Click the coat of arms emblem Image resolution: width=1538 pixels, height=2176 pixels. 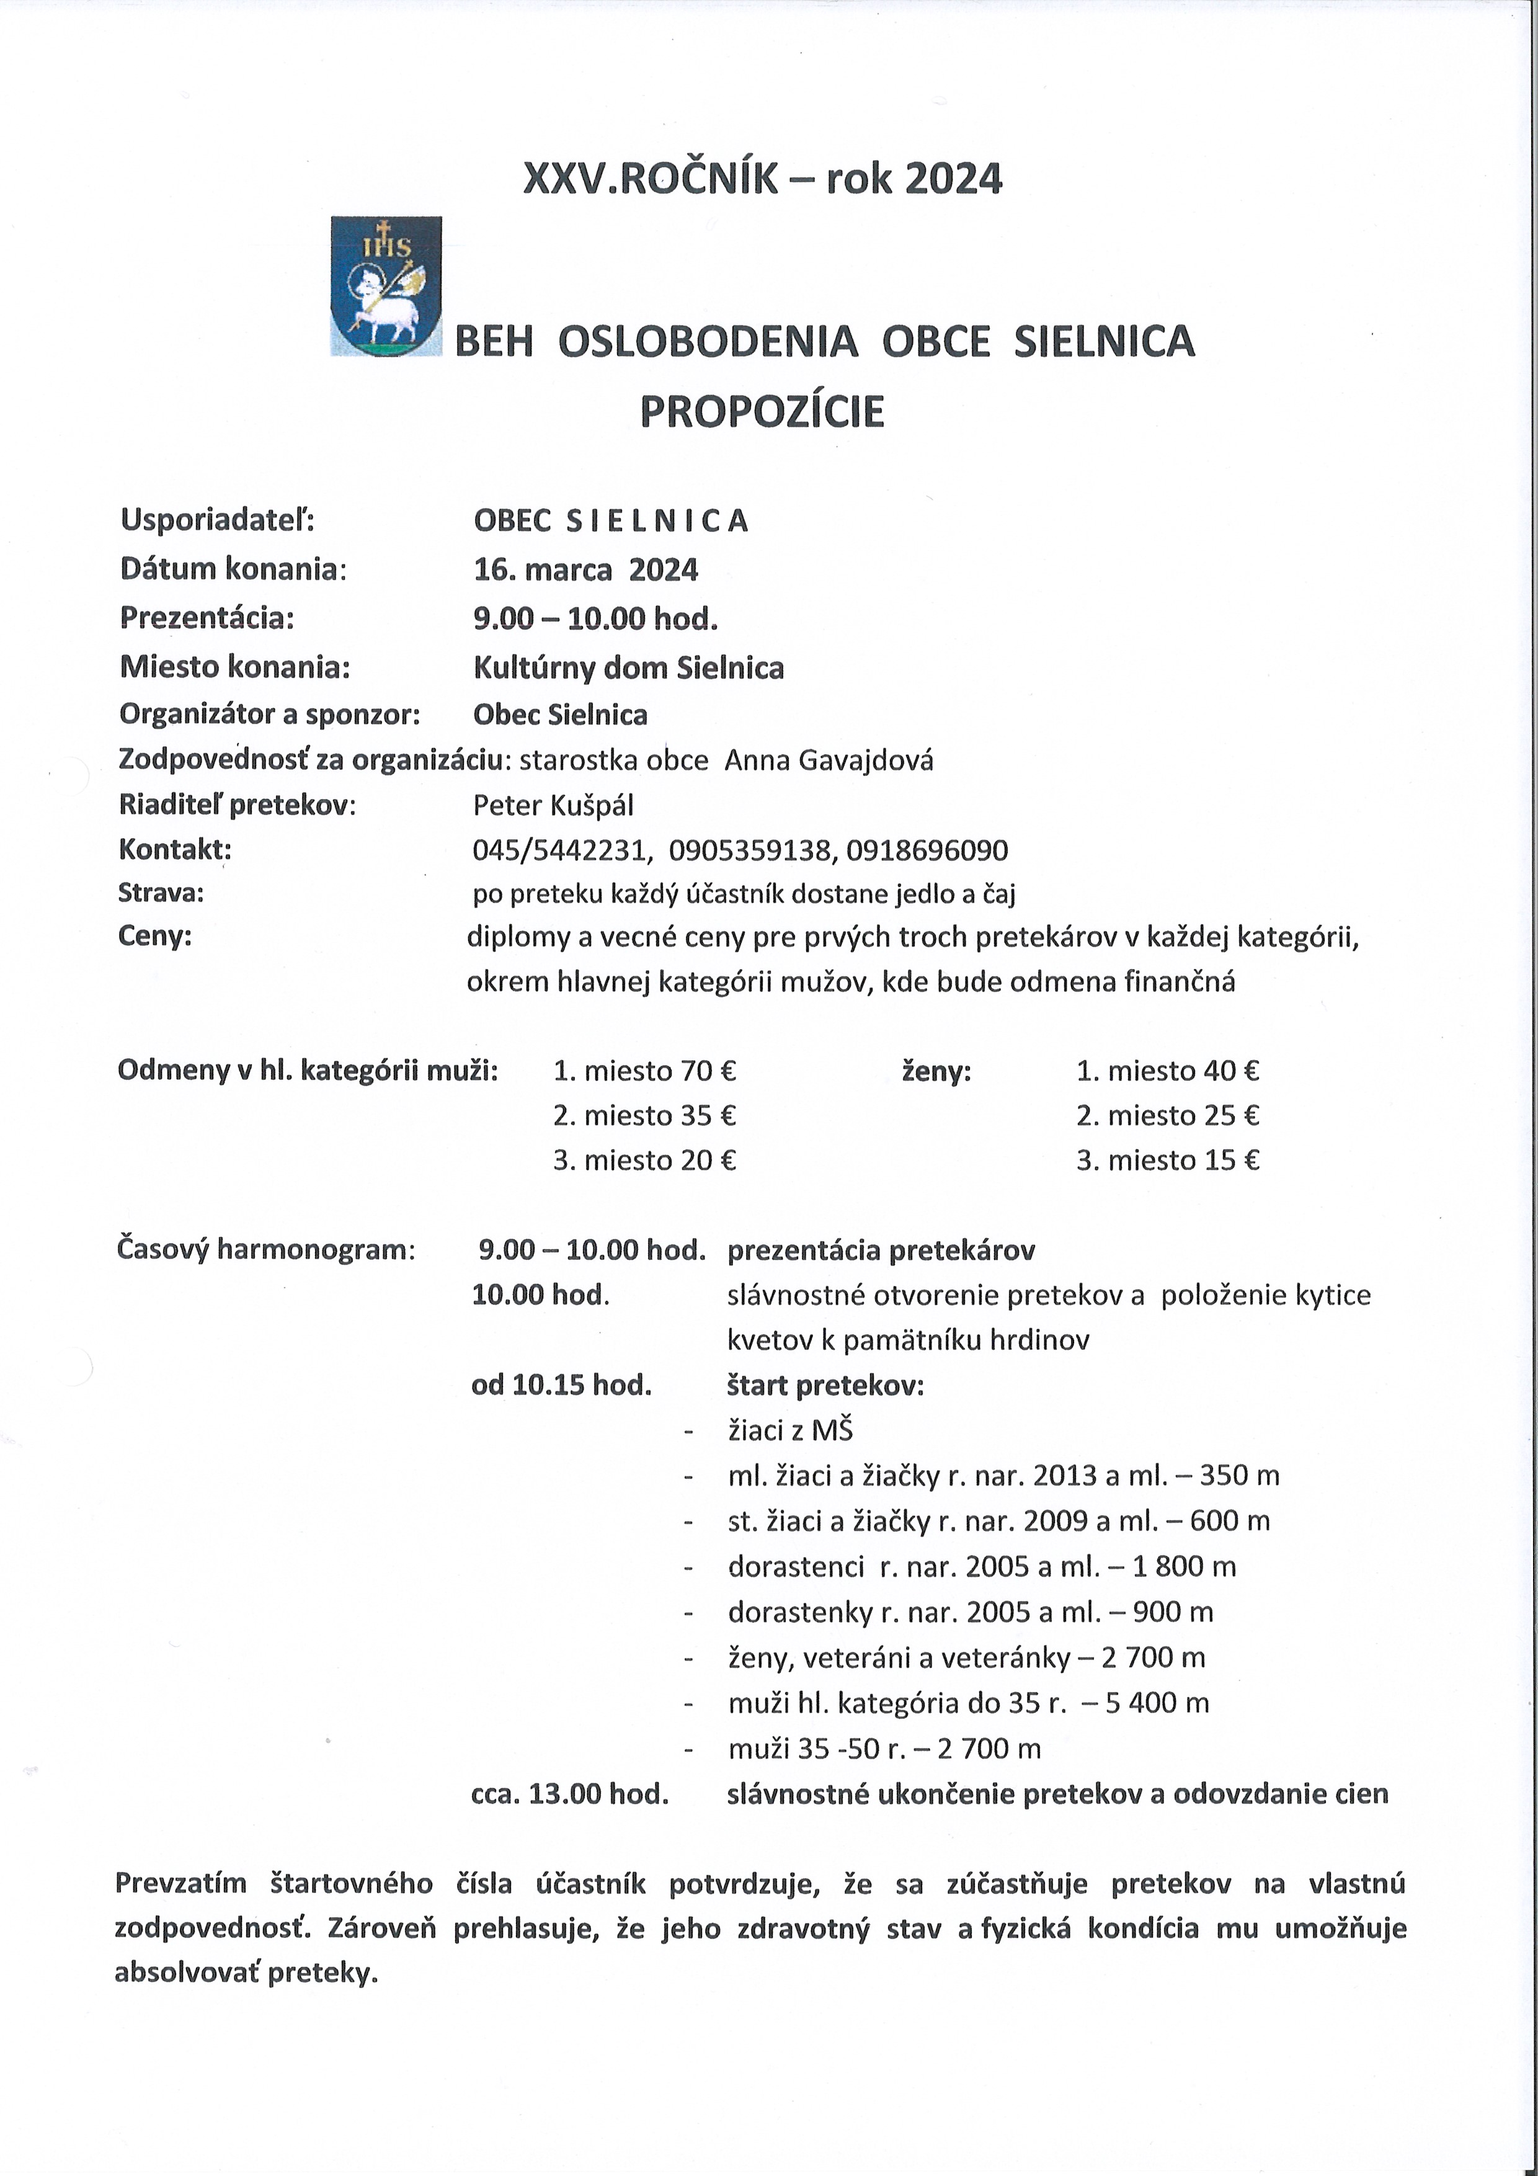(x=386, y=286)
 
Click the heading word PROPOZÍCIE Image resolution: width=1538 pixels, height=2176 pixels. (x=762, y=411)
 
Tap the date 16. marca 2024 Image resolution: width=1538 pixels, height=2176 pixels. (x=585, y=569)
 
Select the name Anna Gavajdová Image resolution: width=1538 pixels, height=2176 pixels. (x=829, y=760)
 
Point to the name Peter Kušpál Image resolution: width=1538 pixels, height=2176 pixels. (x=553, y=806)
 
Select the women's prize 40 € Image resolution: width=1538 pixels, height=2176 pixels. (x=1231, y=1071)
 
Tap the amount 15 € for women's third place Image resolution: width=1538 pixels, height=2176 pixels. (x=1231, y=1160)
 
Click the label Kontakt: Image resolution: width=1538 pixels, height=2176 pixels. (x=174, y=849)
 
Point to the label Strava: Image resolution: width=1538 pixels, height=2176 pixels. (x=161, y=893)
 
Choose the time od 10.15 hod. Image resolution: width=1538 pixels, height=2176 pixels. (x=561, y=1386)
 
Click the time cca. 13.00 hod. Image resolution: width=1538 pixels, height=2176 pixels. (x=569, y=1794)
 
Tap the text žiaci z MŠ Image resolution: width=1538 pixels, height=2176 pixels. (x=790, y=1430)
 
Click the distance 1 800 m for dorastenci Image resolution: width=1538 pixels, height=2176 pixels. (x=1184, y=1567)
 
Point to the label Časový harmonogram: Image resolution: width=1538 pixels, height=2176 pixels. (x=265, y=1249)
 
